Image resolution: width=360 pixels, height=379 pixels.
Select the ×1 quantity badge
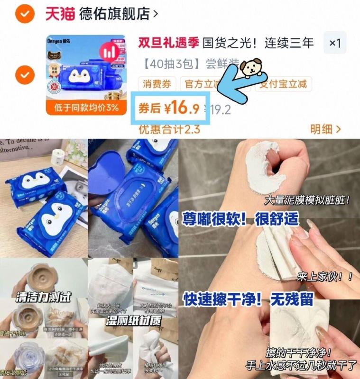pyautogui.click(x=335, y=43)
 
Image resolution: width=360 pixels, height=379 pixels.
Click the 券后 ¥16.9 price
pyautogui.click(x=169, y=108)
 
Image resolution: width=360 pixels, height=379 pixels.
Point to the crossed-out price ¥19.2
pyautogui.click(x=221, y=110)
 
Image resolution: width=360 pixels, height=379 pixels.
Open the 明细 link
pyautogui.click(x=325, y=129)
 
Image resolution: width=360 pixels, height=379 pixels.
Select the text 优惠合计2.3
pyautogui.click(x=169, y=129)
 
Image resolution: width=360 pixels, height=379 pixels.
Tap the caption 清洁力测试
pyautogui.click(x=43, y=298)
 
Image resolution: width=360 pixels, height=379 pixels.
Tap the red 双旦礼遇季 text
pyautogui.click(x=168, y=43)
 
